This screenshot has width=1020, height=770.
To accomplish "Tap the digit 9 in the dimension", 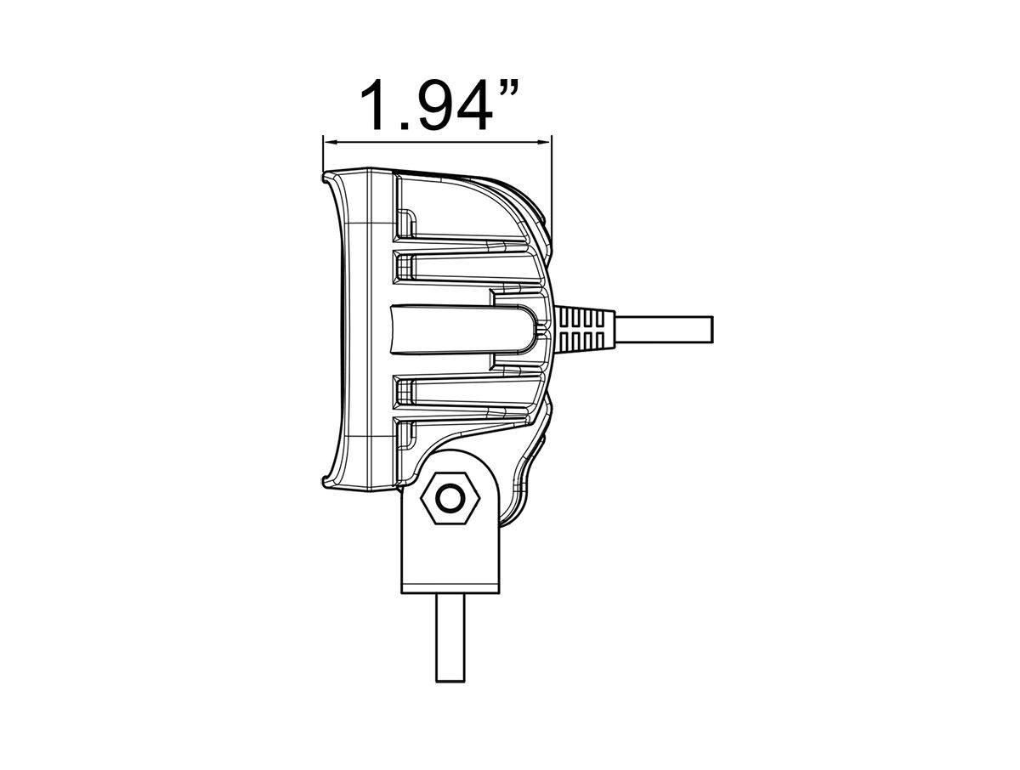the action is (x=439, y=105).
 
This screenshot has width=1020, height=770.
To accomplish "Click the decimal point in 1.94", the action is (x=404, y=126).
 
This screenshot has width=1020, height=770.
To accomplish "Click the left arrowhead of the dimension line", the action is (x=329, y=142).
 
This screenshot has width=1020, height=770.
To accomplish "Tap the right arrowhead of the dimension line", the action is (x=545, y=142).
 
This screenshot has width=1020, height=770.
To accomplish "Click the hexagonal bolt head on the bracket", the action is (x=450, y=498).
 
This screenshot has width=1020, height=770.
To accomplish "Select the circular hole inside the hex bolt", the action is (x=450, y=498).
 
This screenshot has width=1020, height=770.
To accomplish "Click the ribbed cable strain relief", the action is (x=585, y=329).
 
